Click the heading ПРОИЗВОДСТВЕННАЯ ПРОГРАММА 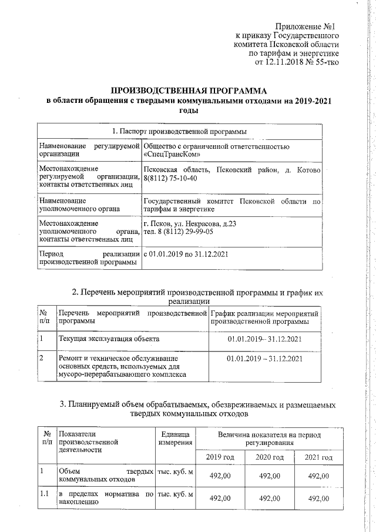pos(189,91)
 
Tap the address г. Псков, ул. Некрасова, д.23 pos(190,224)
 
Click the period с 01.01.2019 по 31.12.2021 pos(186,254)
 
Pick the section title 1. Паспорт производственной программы pos(179,131)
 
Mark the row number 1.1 pos(43,494)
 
